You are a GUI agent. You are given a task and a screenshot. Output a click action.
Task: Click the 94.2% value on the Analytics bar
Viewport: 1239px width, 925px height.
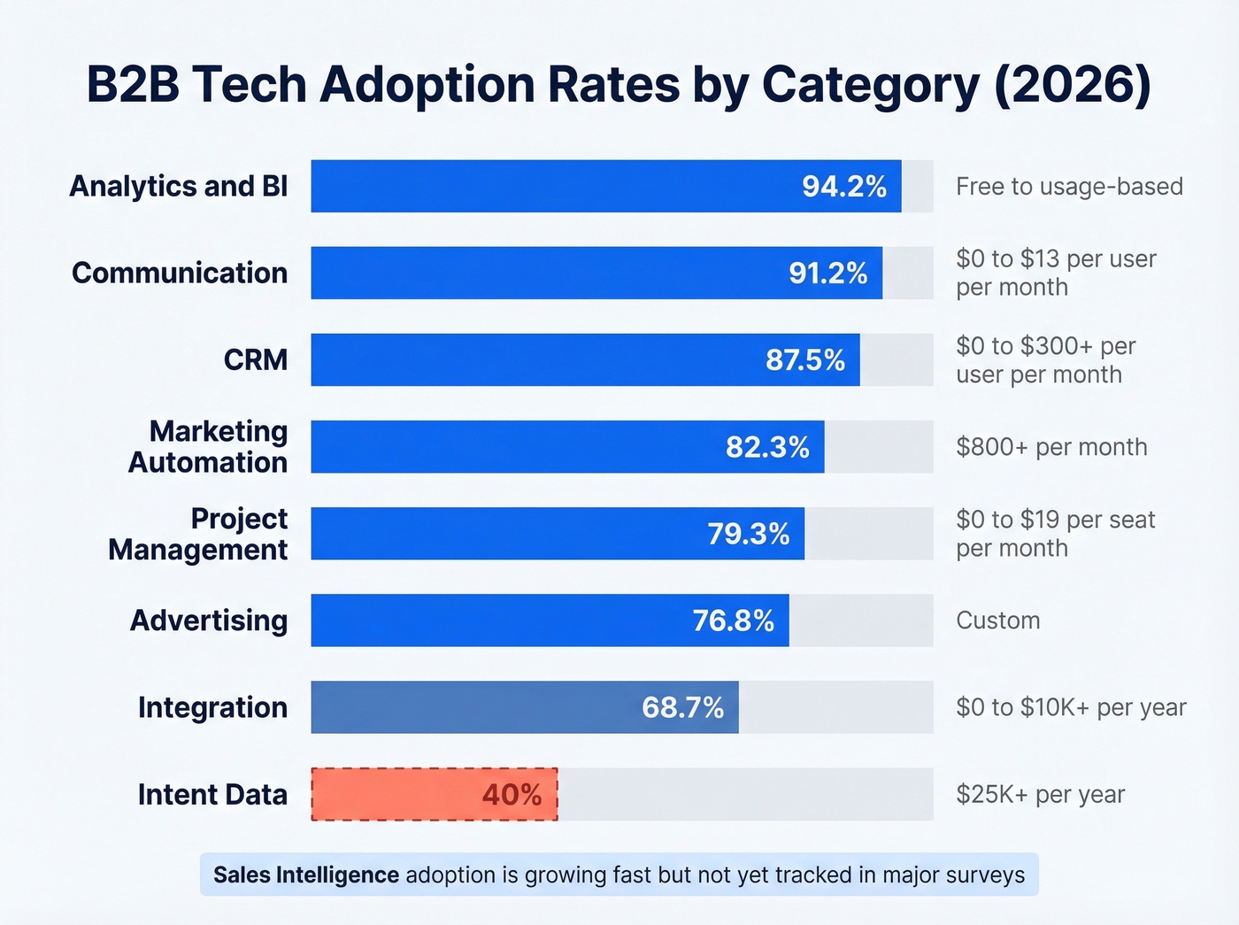point(843,187)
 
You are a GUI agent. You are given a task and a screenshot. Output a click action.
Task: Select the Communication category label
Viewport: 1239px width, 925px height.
point(180,273)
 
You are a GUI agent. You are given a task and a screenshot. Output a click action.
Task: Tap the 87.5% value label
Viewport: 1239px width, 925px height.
point(804,360)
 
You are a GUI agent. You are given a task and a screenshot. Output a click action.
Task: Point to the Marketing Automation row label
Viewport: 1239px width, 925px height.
point(208,447)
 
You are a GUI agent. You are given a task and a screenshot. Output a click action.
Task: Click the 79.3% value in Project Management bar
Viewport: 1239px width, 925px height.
point(748,534)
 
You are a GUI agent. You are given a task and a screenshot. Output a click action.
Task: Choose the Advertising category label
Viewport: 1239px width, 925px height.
point(209,621)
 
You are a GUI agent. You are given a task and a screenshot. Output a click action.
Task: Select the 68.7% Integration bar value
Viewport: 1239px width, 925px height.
point(682,707)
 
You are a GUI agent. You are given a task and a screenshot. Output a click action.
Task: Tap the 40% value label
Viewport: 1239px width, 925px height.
point(512,795)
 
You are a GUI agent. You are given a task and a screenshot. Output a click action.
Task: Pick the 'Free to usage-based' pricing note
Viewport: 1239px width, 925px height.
point(1069,187)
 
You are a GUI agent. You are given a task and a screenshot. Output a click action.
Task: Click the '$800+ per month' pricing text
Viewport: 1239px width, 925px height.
point(1051,447)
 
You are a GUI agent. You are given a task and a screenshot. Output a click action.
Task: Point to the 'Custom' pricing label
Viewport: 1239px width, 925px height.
point(997,621)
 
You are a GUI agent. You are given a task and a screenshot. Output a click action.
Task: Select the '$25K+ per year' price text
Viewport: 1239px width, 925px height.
point(1040,795)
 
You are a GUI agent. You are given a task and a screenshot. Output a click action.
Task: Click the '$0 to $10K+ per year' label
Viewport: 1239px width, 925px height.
point(1071,707)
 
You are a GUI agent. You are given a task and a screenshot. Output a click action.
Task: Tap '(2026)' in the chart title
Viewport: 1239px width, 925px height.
point(1073,85)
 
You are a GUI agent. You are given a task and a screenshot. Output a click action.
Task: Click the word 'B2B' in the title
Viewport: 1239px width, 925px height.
point(133,85)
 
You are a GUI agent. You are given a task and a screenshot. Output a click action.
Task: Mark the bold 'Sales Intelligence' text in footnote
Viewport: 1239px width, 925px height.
point(306,875)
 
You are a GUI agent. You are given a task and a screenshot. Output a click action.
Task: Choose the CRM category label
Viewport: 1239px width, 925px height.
point(255,360)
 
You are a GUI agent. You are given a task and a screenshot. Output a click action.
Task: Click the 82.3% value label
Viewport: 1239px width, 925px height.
point(766,447)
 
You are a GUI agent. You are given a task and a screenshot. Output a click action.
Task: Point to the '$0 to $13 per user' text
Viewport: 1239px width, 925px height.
point(1056,258)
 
